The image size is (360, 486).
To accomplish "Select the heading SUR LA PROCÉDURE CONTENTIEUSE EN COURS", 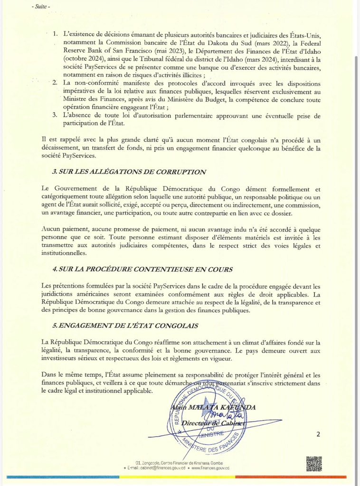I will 142,269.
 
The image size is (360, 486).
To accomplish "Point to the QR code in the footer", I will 314,464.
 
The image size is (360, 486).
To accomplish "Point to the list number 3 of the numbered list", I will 55,115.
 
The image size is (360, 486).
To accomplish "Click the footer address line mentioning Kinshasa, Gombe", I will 179,463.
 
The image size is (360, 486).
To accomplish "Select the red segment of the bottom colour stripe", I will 290,477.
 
